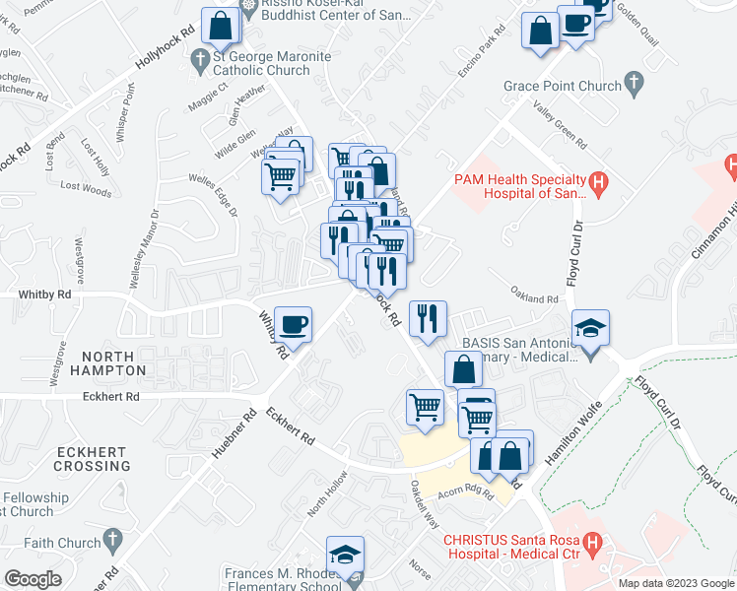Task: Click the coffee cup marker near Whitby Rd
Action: pyautogui.click(x=293, y=323)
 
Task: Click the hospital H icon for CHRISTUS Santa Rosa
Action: pyautogui.click(x=592, y=541)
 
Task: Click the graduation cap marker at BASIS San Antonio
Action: pyautogui.click(x=591, y=328)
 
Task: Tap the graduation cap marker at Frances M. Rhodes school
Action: pyautogui.click(x=346, y=556)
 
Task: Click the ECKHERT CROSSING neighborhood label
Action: pyautogui.click(x=93, y=458)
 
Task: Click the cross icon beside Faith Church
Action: pyautogui.click(x=113, y=540)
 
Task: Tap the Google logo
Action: pyautogui.click(x=33, y=579)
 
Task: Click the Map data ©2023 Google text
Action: pyautogui.click(x=676, y=583)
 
